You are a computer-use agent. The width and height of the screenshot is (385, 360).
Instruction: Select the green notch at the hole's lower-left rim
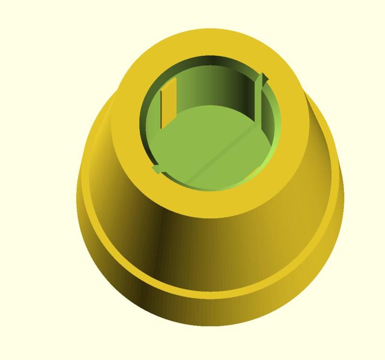[x=156, y=169]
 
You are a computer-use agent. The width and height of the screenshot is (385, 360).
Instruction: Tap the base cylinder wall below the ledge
[x=217, y=313]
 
